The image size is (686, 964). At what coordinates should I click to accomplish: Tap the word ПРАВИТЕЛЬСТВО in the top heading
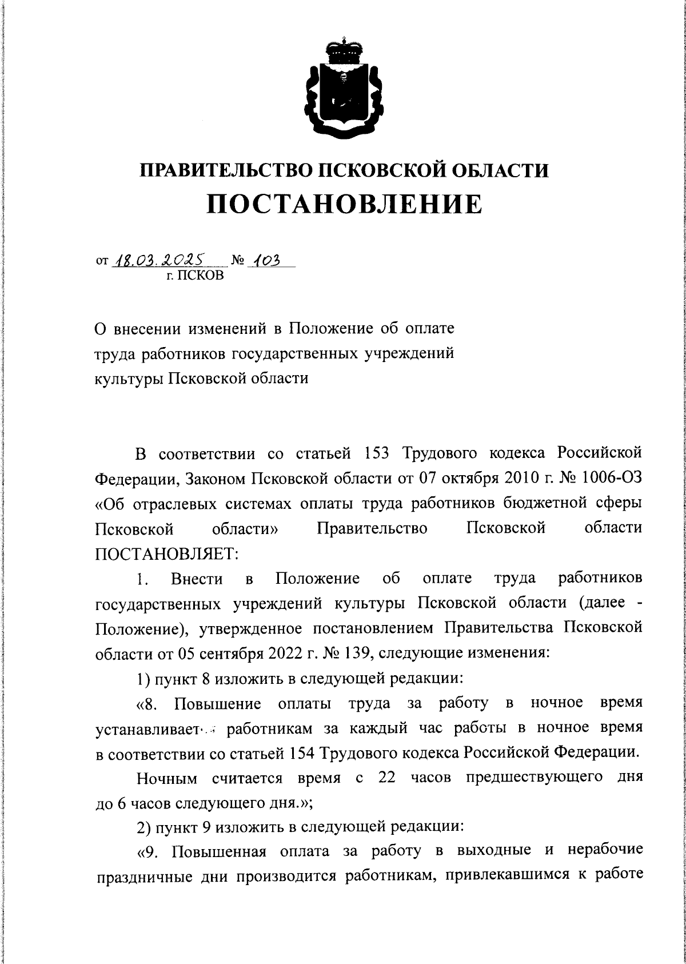224,171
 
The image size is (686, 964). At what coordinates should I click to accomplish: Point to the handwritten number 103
266,261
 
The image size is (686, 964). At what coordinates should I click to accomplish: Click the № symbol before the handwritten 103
238,262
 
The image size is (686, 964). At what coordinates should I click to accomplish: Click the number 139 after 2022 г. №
354,653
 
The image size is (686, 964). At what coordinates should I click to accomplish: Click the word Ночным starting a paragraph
167,778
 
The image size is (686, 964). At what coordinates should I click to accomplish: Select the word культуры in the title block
127,378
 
